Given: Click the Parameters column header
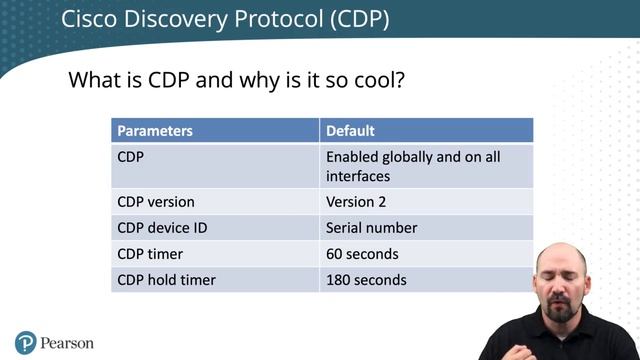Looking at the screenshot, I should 155,131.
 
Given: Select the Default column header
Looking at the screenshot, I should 350,131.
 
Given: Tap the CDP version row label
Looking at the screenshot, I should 156,201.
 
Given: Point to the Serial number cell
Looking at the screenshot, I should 371,227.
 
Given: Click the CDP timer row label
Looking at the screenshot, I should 150,254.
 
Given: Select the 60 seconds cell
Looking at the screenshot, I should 362,254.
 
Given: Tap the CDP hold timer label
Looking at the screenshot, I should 166,280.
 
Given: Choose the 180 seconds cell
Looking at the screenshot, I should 366,280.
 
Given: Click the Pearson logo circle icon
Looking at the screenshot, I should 26,342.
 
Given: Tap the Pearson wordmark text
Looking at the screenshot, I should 68,343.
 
